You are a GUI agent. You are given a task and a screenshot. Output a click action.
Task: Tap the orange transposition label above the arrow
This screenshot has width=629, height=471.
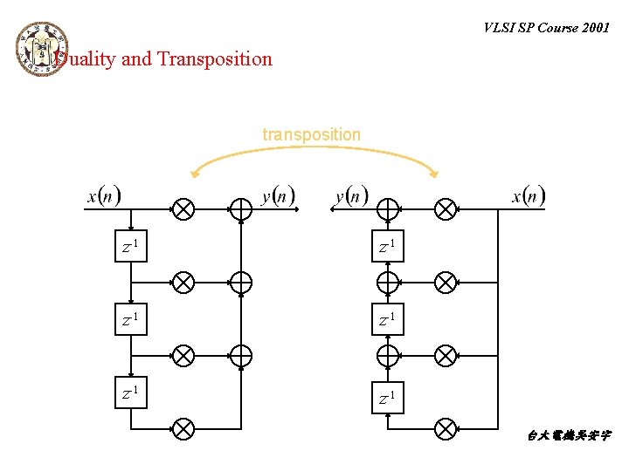(x=311, y=134)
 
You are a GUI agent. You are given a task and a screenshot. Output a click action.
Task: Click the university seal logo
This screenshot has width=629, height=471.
(x=41, y=48)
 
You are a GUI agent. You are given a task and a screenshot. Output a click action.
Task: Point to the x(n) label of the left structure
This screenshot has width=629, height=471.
(x=104, y=195)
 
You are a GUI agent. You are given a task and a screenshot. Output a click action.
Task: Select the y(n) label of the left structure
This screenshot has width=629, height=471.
(x=279, y=195)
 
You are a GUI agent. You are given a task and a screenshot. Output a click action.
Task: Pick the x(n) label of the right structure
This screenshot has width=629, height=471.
(x=529, y=195)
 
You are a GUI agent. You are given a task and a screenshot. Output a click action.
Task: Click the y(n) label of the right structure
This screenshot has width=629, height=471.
(x=352, y=195)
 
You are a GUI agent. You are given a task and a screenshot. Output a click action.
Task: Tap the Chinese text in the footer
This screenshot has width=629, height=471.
(x=569, y=434)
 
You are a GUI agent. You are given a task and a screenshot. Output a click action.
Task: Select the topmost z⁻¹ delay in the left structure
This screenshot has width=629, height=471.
(x=131, y=248)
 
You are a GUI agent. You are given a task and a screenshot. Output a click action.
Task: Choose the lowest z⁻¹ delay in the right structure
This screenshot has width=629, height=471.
(x=387, y=399)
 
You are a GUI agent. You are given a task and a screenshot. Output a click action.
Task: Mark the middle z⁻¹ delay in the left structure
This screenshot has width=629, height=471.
(x=131, y=320)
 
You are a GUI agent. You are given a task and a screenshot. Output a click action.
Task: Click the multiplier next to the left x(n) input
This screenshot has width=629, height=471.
(x=183, y=209)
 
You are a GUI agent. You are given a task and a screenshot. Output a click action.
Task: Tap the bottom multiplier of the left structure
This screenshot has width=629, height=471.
(x=183, y=428)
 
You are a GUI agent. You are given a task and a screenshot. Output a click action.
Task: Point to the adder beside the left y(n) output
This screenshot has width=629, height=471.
(x=240, y=209)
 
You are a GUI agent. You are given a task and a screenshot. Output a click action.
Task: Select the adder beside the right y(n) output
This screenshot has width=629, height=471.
(x=388, y=209)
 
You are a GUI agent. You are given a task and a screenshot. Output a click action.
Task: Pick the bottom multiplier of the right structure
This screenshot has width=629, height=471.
(x=446, y=428)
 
